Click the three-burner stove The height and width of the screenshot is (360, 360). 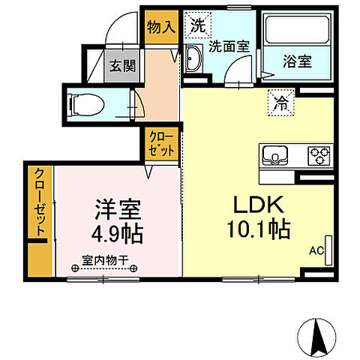point(318,157)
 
